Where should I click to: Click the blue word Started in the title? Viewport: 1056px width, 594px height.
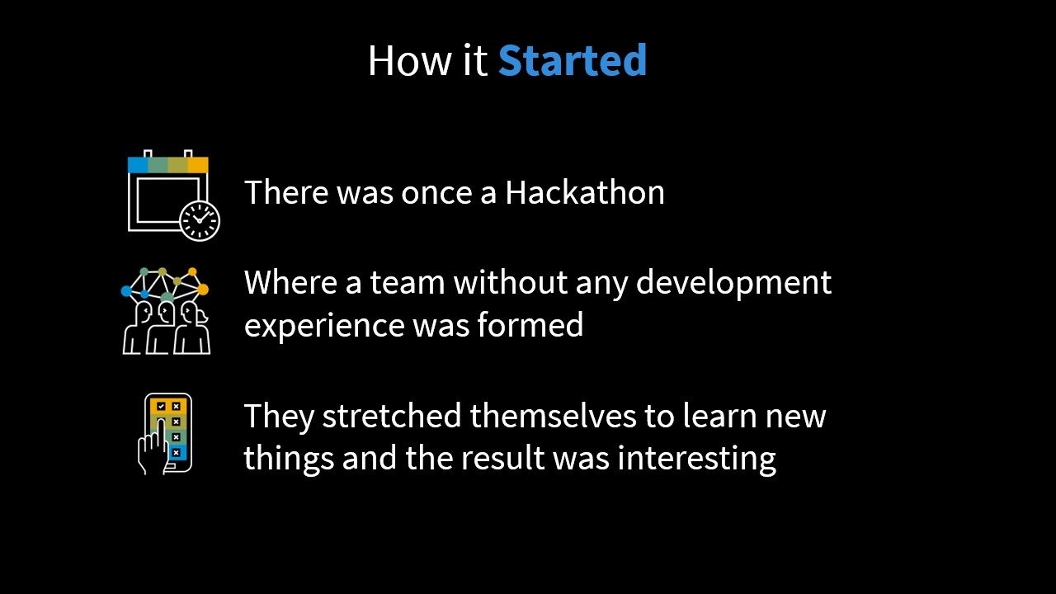click(573, 60)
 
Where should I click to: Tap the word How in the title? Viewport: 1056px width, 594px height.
click(409, 60)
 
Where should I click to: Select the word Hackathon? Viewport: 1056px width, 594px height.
click(585, 192)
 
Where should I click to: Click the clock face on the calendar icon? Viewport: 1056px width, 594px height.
click(200, 220)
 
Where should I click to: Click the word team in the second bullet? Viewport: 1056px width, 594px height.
click(408, 283)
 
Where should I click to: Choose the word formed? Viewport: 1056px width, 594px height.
click(530, 324)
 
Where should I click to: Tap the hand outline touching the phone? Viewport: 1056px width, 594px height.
click(152, 447)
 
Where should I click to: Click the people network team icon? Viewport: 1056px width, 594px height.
click(165, 311)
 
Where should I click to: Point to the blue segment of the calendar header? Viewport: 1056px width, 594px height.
click(138, 165)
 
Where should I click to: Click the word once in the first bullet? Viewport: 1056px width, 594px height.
click(436, 193)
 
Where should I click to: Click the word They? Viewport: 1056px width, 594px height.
click(279, 417)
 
